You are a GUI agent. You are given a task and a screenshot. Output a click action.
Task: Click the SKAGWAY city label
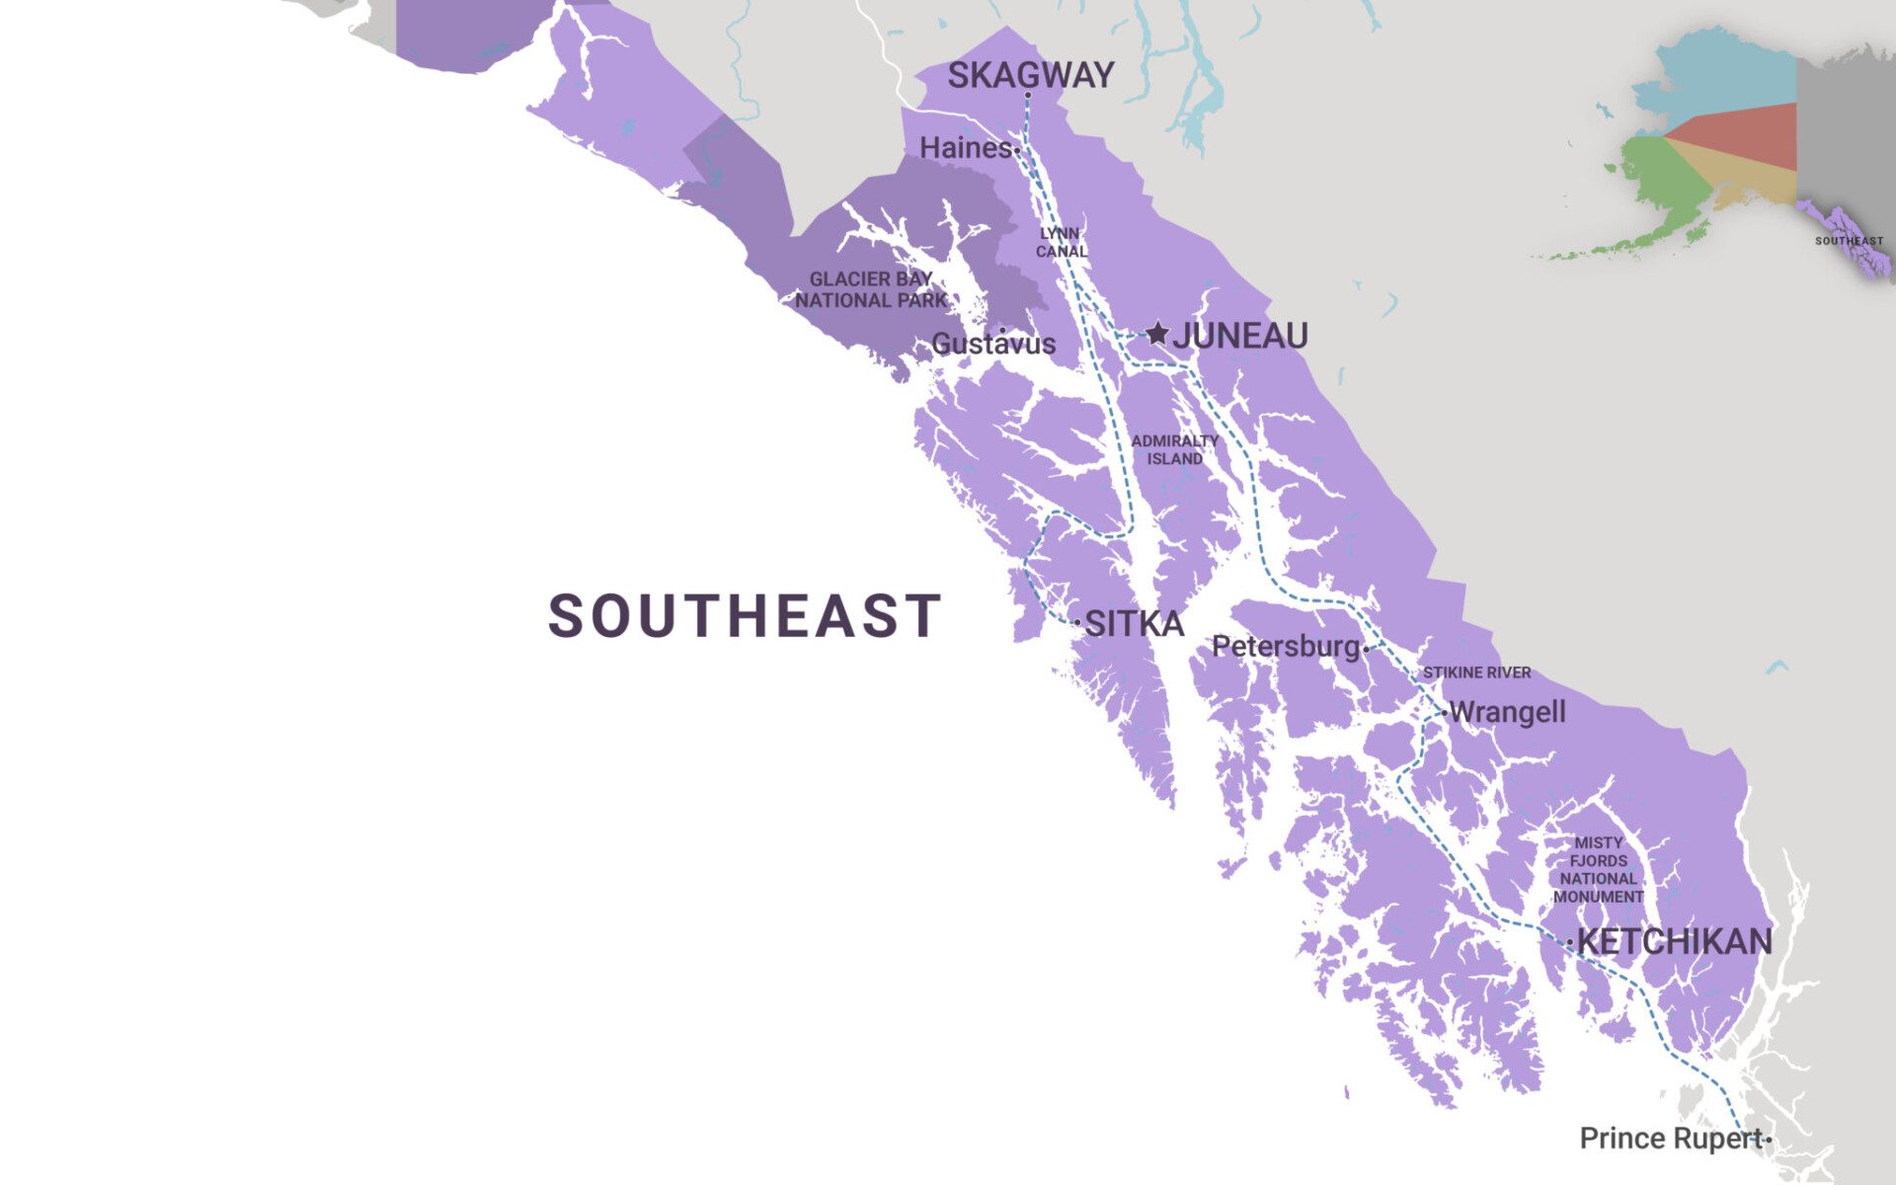[x=1030, y=75]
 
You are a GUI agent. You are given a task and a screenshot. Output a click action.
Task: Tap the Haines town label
[x=965, y=148]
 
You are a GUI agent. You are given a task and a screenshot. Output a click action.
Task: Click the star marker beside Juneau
[x=1157, y=334]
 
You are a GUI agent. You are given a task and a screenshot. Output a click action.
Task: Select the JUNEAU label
[x=1240, y=336]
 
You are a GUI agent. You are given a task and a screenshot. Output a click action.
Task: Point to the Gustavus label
[x=993, y=344]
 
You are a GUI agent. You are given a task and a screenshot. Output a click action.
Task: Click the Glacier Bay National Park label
[x=871, y=290]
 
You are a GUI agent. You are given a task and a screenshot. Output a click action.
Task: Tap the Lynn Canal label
[x=1061, y=243]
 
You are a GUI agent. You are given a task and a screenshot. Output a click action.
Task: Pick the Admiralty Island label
[x=1174, y=450]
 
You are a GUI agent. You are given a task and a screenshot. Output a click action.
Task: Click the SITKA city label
[x=1134, y=624]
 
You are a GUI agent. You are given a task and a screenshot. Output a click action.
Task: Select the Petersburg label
[x=1286, y=647]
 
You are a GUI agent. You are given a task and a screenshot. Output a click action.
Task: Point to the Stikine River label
[x=1476, y=672]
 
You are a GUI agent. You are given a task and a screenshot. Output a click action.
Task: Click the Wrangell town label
[x=1507, y=712]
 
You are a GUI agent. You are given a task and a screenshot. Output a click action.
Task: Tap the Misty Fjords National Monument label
[x=1598, y=870]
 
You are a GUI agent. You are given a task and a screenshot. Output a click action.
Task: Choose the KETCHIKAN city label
[x=1674, y=942]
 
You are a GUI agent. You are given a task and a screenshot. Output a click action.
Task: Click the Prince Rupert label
[x=1671, y=1139]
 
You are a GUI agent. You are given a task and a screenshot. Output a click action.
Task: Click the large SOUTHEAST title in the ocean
[x=745, y=616]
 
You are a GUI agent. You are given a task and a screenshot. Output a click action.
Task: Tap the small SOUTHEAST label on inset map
[x=1849, y=241]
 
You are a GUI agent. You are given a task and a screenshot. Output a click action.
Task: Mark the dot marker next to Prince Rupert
[x=1769, y=1140]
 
